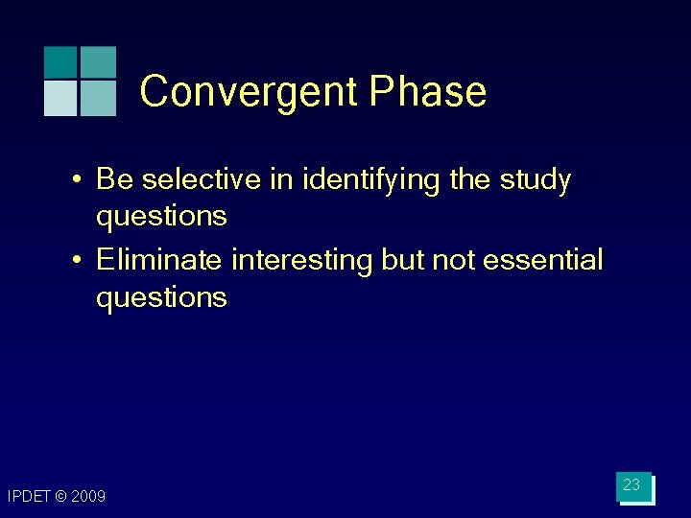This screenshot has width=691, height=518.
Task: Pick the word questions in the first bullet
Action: click(x=161, y=217)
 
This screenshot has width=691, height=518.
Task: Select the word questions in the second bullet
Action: click(x=161, y=297)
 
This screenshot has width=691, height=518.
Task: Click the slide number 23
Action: click(x=631, y=485)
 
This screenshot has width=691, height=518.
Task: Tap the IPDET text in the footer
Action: click(x=28, y=496)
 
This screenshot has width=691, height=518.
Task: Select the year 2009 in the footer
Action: click(x=87, y=496)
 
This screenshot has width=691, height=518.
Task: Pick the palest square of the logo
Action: click(x=60, y=98)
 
